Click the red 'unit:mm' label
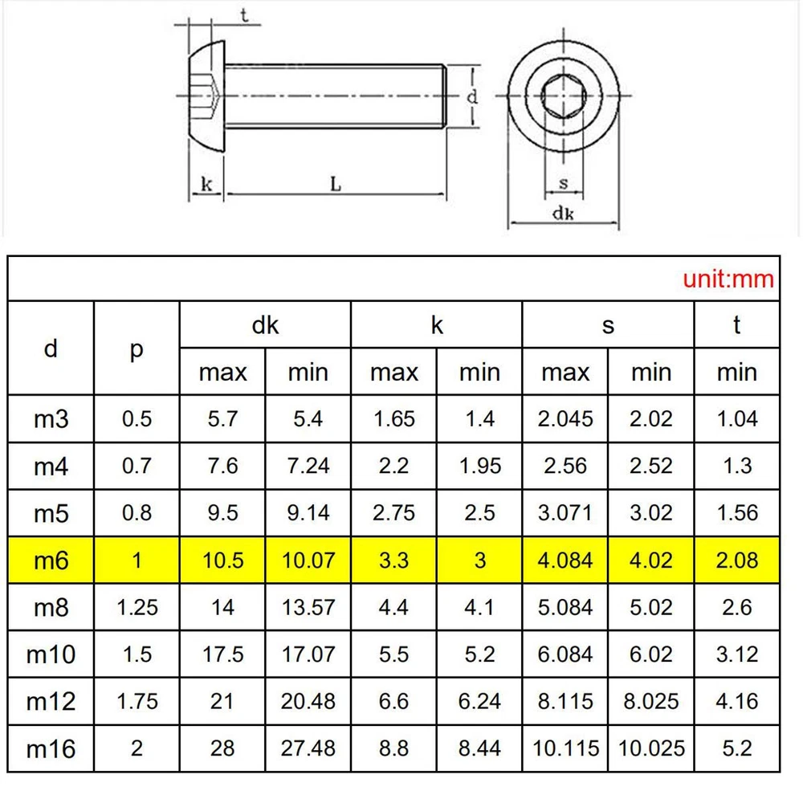tap(728, 279)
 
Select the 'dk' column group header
tap(265, 325)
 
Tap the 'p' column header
tap(137, 350)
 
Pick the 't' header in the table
tap(736, 324)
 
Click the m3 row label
tap(51, 419)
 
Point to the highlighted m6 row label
tap(51, 560)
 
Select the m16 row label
tap(51, 749)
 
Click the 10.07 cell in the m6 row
tap(308, 560)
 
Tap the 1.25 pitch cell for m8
tap(137, 607)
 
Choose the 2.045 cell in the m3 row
tap(565, 419)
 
